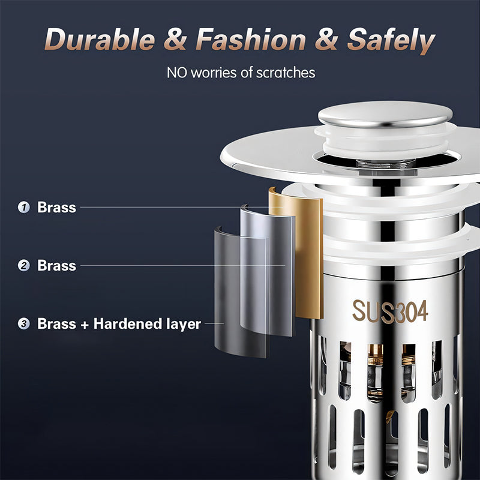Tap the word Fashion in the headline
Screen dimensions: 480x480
click(x=251, y=41)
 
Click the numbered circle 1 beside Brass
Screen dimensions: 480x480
click(x=24, y=208)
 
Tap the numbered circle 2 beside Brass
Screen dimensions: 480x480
click(x=24, y=265)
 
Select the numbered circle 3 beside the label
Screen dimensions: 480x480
click(x=24, y=324)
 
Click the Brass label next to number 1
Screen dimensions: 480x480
click(x=56, y=208)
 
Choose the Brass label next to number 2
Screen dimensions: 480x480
click(x=56, y=265)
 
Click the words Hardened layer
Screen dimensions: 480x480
click(x=147, y=324)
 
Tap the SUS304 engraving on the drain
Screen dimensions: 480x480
click(x=389, y=311)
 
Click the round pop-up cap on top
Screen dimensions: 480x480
click(x=385, y=113)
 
